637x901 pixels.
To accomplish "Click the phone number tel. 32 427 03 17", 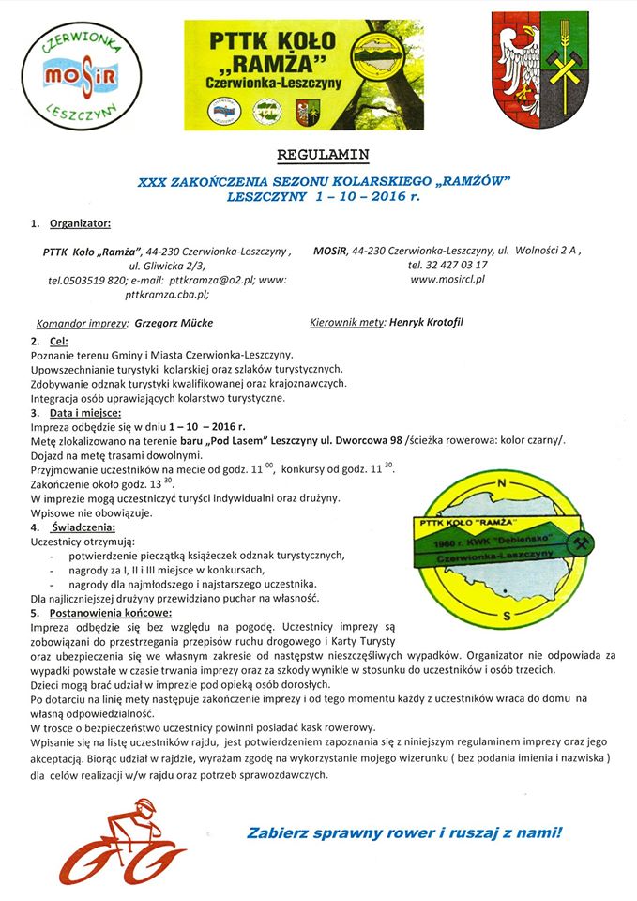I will coord(448,266).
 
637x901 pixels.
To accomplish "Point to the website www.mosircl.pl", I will coord(447,280).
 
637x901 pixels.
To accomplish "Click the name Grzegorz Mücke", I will coord(174,323).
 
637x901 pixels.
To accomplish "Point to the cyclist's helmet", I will coord(144,804).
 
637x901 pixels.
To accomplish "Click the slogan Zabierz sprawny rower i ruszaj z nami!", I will coord(405,832).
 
